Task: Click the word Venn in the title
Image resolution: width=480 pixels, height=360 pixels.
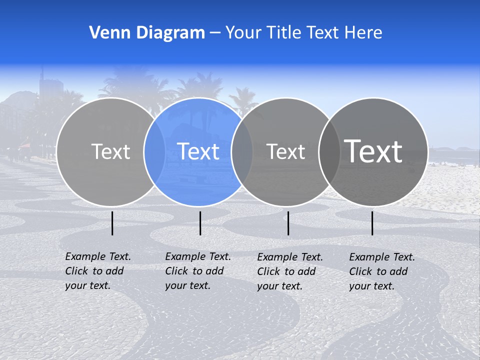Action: pyautogui.click(x=105, y=33)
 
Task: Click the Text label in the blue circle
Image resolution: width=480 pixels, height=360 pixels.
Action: pyautogui.click(x=198, y=151)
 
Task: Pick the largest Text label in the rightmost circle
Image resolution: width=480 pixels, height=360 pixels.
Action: pyautogui.click(x=373, y=151)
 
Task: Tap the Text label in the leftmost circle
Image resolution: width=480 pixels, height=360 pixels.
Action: pyautogui.click(x=110, y=151)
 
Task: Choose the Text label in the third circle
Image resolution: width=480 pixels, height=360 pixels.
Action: pyautogui.click(x=285, y=151)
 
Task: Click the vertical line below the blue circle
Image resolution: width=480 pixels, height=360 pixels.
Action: pyautogui.click(x=200, y=223)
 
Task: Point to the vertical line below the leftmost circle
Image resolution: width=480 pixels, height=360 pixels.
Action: pyautogui.click(x=112, y=223)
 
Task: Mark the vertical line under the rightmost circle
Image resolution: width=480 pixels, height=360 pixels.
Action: pyautogui.click(x=372, y=223)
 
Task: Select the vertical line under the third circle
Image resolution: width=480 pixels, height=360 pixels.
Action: pyautogui.click(x=288, y=223)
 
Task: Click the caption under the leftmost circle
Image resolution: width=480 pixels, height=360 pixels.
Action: pyautogui.click(x=97, y=271)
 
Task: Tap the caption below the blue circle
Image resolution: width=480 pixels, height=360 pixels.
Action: pyautogui.click(x=197, y=271)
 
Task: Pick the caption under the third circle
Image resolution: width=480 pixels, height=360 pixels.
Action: pyautogui.click(x=289, y=271)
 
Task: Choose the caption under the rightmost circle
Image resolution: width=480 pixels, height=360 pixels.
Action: pyautogui.click(x=381, y=271)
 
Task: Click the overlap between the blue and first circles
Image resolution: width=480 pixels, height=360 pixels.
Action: pyautogui.click(x=154, y=151)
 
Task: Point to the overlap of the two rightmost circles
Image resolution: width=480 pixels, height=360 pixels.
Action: pyautogui.click(x=329, y=151)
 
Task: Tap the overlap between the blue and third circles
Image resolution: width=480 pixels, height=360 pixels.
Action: pyautogui.click(x=242, y=151)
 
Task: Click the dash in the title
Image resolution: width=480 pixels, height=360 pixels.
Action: pyautogui.click(x=215, y=33)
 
